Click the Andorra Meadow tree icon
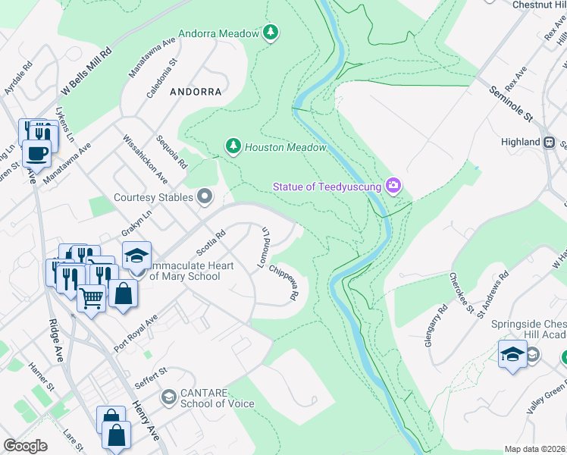pos(271,32)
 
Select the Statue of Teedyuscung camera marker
pos(393,184)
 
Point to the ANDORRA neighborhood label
pos(196,92)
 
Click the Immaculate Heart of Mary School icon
pos(137,256)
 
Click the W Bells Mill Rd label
pos(86,73)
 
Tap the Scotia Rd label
pos(211,243)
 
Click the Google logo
pos(26,446)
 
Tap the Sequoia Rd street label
pos(172,153)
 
